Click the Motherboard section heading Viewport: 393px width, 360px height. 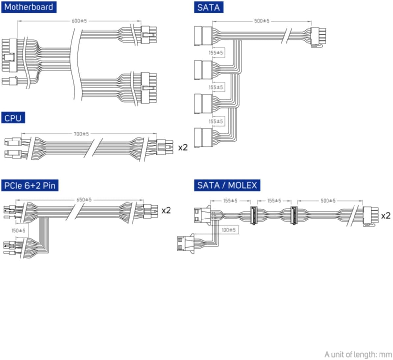29,7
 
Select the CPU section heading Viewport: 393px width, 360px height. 13,118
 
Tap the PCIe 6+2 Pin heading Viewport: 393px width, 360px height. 30,185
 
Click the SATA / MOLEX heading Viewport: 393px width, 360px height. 227,185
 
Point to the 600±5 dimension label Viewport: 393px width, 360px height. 79,21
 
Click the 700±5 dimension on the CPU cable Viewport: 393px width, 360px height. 81,134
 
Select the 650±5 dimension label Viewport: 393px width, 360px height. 84,200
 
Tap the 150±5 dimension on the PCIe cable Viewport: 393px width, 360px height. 18,230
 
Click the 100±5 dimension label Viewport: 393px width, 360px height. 228,230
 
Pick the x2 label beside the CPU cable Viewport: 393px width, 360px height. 183,147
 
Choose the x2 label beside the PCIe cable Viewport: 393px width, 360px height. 166,210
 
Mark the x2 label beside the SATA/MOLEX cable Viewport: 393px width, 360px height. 386,216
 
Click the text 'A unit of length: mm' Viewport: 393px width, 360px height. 358,354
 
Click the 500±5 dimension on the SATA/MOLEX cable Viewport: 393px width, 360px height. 328,201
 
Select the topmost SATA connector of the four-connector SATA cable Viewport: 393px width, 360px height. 203,36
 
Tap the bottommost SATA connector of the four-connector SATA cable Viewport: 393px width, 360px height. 203,138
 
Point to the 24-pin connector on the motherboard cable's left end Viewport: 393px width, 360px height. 9,55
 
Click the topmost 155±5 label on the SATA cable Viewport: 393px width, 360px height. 216,53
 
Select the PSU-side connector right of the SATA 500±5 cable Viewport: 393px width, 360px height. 318,36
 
